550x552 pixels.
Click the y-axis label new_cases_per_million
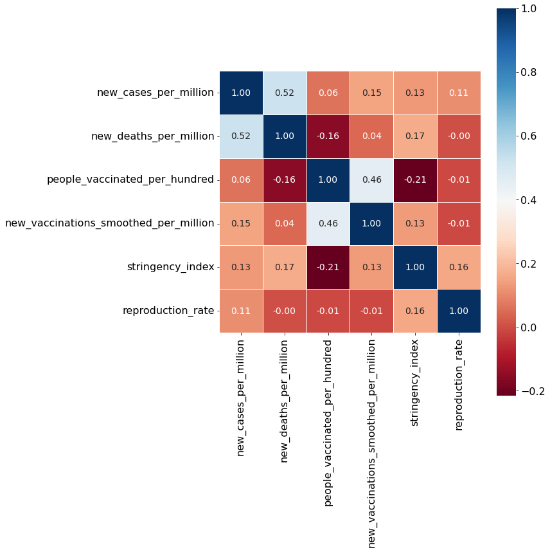pos(155,93)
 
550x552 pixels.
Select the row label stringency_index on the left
pos(170,267)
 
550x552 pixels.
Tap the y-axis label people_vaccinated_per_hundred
pos(130,179)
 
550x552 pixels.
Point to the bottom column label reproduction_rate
pos(459,385)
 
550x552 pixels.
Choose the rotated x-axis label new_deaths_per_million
pos(284,401)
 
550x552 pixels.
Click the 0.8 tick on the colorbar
pos(528,72)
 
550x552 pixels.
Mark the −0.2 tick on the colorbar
pos(533,391)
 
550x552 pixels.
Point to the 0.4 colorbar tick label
pos(528,200)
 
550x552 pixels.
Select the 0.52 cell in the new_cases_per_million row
pos(285,93)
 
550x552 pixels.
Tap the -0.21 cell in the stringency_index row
pos(328,267)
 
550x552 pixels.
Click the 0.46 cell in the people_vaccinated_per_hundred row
pos(372,180)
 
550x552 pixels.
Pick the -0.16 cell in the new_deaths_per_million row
pos(328,136)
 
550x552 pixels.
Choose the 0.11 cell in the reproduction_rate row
pos(241,311)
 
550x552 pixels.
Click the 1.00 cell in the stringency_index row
pos(415,267)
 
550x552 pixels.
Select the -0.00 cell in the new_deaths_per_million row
pos(459,136)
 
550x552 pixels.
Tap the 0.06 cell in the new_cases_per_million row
pos(328,93)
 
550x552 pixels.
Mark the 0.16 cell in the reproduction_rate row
pos(415,311)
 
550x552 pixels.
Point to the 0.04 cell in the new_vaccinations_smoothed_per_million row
pos(285,223)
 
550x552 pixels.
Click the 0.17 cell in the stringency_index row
pos(285,267)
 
